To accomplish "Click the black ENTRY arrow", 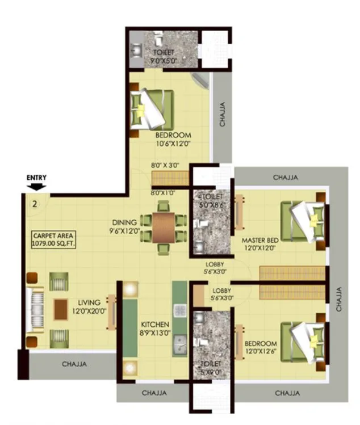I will (37, 186).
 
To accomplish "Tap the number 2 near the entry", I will (35, 205).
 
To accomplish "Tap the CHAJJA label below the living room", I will (74, 364).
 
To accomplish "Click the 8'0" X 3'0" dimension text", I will (165, 165).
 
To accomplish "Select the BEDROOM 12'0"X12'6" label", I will (261, 348).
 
